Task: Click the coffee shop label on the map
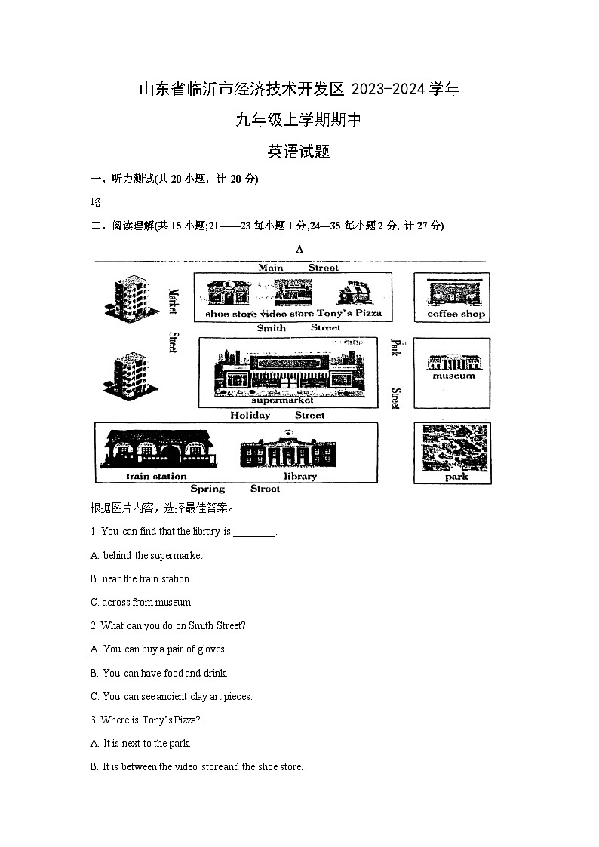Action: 456,314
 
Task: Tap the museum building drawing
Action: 453,362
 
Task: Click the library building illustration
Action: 288,451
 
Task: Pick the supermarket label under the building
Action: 282,400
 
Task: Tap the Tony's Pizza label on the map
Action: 349,313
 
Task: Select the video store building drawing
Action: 293,292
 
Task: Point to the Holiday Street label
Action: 277,415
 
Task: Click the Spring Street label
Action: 235,489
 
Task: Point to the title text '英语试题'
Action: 299,152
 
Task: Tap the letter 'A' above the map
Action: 299,249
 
